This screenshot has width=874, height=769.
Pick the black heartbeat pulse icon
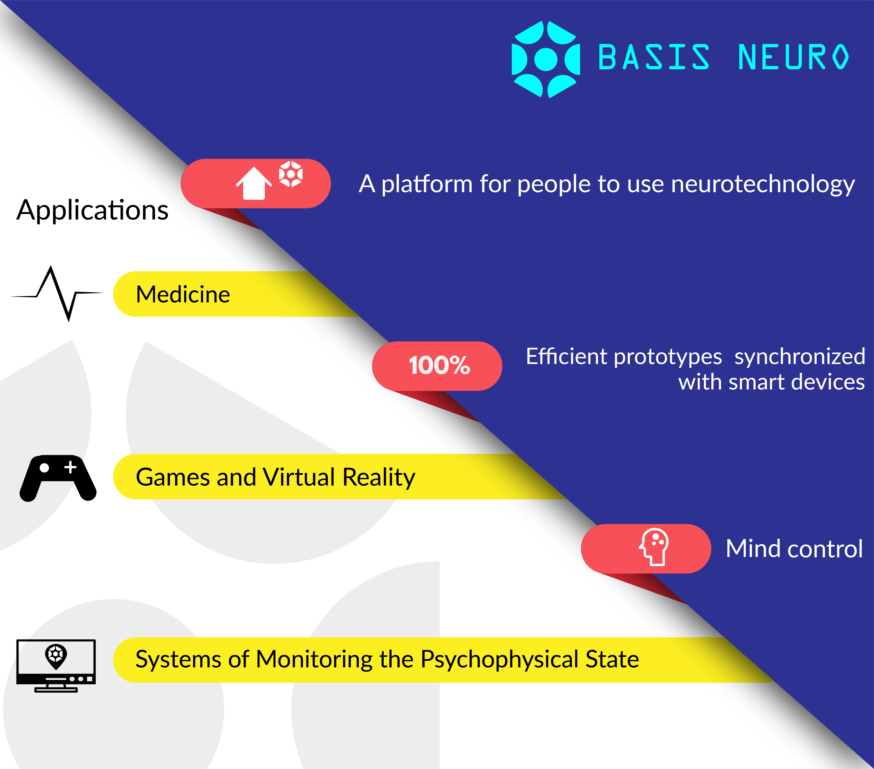click(x=57, y=293)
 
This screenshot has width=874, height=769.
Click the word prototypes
click(x=668, y=357)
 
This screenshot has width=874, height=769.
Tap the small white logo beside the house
click(x=291, y=174)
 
